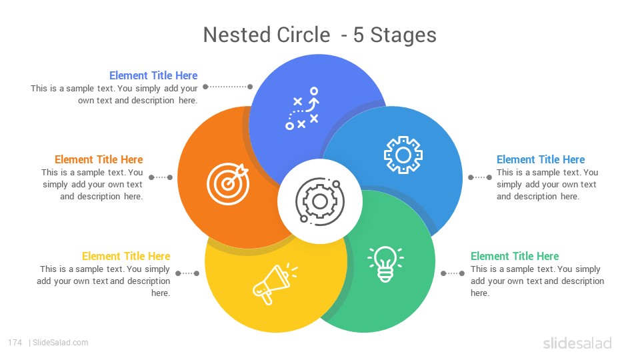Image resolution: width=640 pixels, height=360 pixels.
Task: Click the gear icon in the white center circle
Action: (x=319, y=201)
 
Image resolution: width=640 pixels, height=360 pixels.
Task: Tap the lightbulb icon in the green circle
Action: (x=385, y=264)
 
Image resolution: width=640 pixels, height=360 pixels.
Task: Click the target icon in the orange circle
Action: (x=228, y=184)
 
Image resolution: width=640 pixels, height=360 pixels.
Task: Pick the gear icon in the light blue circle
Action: (x=403, y=155)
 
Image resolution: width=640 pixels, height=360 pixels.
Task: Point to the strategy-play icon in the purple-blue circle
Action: (x=302, y=108)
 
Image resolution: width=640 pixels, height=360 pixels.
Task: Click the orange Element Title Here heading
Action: (x=99, y=159)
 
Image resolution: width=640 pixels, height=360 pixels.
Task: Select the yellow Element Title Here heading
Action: (x=126, y=256)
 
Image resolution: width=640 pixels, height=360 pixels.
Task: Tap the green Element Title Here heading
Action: (x=515, y=256)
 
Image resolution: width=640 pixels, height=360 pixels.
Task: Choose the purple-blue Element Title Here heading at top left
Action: (x=153, y=75)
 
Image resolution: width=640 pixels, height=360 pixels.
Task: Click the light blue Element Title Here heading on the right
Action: (x=541, y=159)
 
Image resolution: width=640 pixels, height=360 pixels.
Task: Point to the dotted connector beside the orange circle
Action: (x=161, y=177)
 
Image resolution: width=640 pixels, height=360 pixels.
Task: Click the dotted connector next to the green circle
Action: (x=453, y=273)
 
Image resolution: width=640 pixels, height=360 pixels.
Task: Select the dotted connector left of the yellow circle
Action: (x=187, y=273)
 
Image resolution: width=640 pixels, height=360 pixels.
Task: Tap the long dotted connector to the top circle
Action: (x=228, y=87)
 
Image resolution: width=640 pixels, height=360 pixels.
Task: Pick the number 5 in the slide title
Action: (x=359, y=35)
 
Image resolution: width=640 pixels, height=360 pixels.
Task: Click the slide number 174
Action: (x=15, y=343)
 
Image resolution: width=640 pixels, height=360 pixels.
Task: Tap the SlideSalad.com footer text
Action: (x=61, y=343)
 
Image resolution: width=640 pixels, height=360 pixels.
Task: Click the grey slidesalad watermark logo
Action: (x=577, y=343)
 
